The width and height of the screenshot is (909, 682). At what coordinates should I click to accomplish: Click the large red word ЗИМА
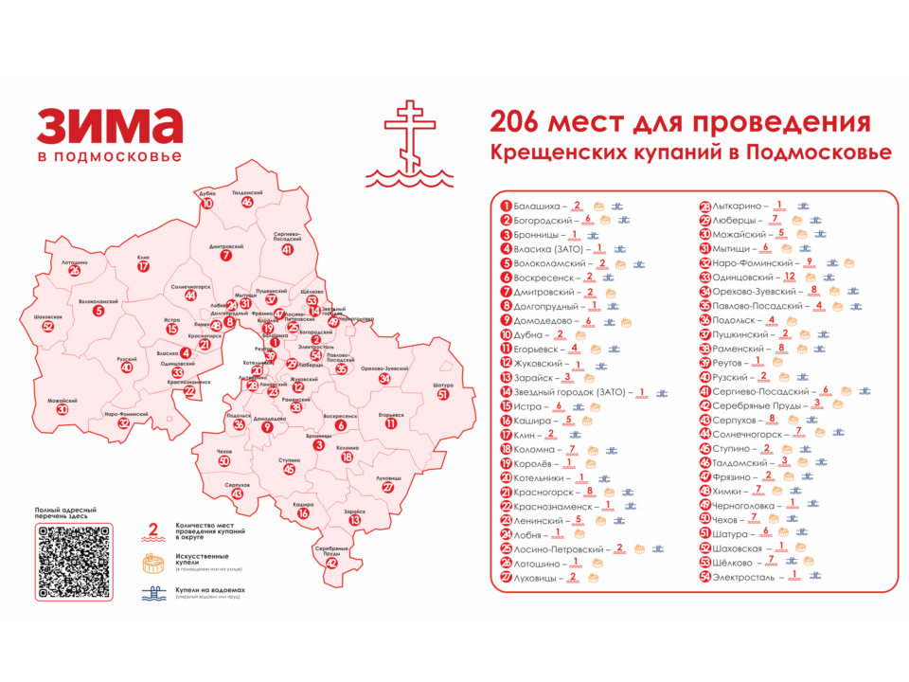pos(110,126)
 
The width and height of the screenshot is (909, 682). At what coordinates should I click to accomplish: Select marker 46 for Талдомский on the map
pos(247,202)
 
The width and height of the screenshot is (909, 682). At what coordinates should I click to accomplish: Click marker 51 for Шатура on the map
pos(442,395)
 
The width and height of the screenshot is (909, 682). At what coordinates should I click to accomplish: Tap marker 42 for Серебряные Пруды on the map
pos(331,563)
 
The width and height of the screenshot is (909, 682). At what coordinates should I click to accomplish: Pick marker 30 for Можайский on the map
pos(62,410)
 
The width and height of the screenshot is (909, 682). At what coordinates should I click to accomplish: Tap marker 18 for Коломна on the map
pos(348,458)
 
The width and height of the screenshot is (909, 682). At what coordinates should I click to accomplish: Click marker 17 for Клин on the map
pos(143,267)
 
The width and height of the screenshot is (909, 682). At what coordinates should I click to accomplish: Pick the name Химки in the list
pos(730,491)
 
